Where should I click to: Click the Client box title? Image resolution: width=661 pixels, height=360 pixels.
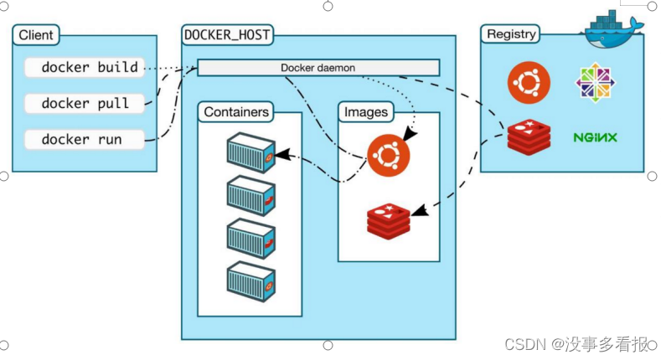[x=35, y=35]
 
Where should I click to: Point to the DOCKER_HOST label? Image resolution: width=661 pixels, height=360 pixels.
[x=227, y=34]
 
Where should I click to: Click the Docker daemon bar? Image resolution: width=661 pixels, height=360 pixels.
[x=318, y=67]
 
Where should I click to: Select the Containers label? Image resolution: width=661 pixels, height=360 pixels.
[x=237, y=111]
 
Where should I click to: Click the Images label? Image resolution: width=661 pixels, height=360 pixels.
[x=366, y=111]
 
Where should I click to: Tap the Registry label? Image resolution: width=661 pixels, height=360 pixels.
[x=510, y=34]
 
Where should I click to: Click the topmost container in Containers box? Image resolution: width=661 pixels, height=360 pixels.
[x=250, y=153]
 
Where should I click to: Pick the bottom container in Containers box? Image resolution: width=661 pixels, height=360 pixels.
[x=250, y=280]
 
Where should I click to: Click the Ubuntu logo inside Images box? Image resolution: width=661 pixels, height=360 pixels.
[x=388, y=155]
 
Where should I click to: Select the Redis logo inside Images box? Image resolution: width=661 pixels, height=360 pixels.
[x=388, y=219]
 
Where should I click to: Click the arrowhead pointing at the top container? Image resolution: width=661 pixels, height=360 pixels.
[x=281, y=155]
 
